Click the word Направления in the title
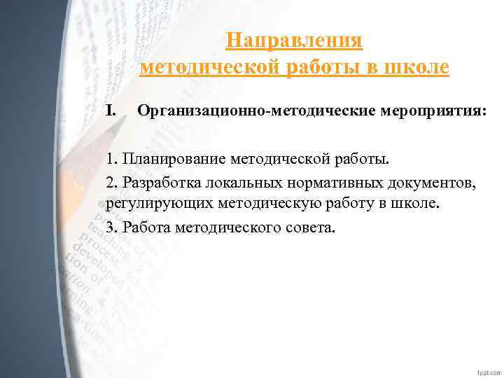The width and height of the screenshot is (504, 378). coord(295,41)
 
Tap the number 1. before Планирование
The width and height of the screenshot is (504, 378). coord(112,159)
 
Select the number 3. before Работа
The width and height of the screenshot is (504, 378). coord(112,227)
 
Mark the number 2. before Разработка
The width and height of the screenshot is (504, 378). coord(112,182)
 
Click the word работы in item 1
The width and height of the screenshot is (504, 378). coord(357,159)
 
